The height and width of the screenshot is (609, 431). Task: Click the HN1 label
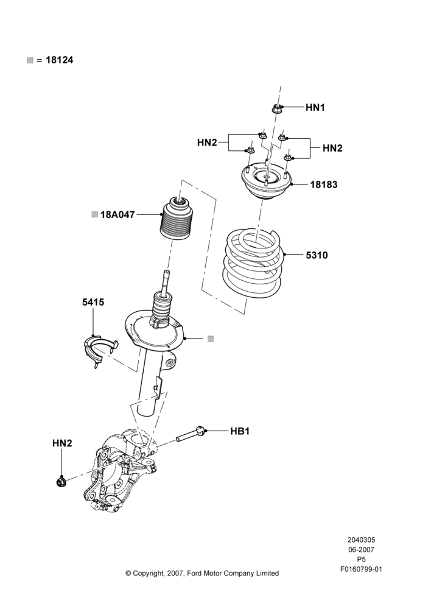click(x=315, y=107)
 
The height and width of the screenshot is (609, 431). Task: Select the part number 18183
click(x=324, y=185)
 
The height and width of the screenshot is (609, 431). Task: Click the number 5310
click(x=317, y=255)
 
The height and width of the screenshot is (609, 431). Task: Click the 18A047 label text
click(x=117, y=214)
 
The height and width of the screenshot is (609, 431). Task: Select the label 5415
click(x=93, y=302)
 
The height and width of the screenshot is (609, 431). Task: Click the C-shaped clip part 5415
click(x=99, y=351)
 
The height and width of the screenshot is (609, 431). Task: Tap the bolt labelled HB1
click(x=191, y=434)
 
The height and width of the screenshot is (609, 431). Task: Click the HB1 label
click(x=240, y=431)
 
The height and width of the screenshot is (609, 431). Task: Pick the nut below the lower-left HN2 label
click(x=61, y=482)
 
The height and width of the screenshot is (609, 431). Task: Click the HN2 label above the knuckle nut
click(x=62, y=443)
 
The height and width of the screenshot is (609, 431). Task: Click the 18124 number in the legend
click(x=60, y=60)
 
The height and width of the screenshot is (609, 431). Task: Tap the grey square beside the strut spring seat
click(x=211, y=339)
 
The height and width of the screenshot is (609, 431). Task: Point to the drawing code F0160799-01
click(x=362, y=569)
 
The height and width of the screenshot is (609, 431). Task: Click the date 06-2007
click(x=361, y=549)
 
